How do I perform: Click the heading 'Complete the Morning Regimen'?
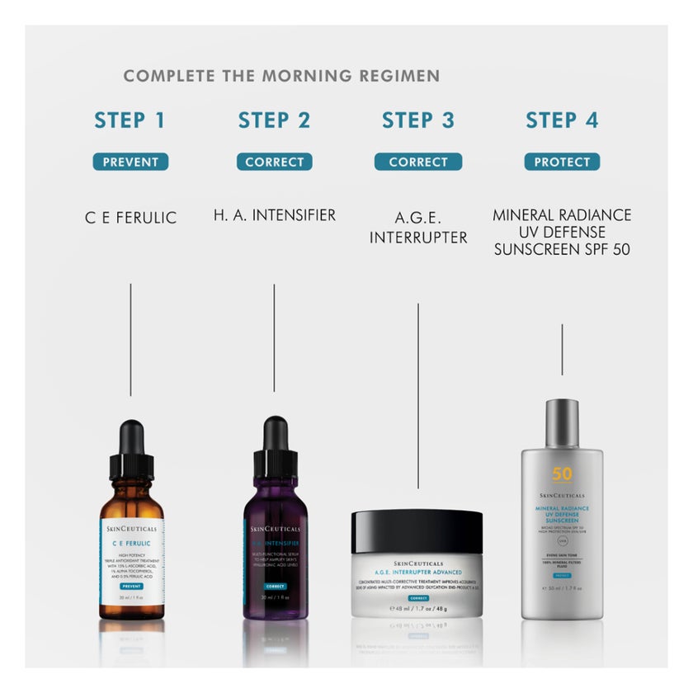point(281,76)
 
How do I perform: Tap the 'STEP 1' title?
point(130,120)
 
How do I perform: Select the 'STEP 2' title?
point(274,120)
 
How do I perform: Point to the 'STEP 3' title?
point(417,120)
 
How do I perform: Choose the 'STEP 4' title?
point(562,120)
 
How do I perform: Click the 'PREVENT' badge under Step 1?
point(130,163)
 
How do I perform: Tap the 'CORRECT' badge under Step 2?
point(274,163)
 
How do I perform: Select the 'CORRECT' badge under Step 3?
point(417,163)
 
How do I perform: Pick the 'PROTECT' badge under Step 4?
point(562,163)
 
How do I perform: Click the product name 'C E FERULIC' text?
point(130,219)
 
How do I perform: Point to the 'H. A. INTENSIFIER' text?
point(274,215)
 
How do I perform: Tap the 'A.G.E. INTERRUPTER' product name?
point(417,228)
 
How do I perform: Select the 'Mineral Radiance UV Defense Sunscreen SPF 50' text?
point(562,232)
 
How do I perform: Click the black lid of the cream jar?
point(417,531)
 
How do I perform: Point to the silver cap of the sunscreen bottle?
point(562,422)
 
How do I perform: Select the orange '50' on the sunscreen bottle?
point(562,475)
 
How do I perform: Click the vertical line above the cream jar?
point(418,396)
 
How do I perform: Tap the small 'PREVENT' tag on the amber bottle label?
point(131,586)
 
